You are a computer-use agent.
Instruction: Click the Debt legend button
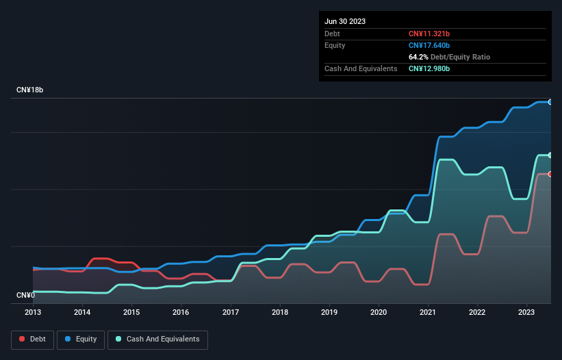tap(33, 339)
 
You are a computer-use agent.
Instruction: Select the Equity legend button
tap(81, 339)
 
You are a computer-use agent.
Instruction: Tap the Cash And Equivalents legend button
tap(157, 339)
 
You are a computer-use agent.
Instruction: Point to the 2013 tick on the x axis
tap(33, 312)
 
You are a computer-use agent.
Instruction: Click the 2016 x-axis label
tap(181, 312)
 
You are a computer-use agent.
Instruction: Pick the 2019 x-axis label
tap(329, 312)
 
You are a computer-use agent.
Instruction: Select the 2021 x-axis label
tap(428, 312)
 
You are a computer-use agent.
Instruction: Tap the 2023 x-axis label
tap(526, 312)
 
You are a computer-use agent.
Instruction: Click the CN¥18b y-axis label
tap(30, 90)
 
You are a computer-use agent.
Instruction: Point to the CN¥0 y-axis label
tap(26, 295)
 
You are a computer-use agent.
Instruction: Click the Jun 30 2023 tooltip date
tap(345, 21)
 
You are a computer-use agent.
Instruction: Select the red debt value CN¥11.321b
tap(430, 34)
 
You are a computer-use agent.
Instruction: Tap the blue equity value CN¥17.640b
tap(430, 45)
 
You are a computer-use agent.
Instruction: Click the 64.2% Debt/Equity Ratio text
tap(449, 57)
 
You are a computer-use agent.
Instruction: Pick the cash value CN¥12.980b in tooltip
tap(430, 68)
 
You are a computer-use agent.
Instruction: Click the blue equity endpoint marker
tap(550, 102)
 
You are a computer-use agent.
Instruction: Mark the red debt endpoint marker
tap(550, 174)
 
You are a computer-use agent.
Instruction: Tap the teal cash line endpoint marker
tap(550, 155)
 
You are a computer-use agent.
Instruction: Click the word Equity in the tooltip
tap(335, 45)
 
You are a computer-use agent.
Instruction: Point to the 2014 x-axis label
tap(82, 312)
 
